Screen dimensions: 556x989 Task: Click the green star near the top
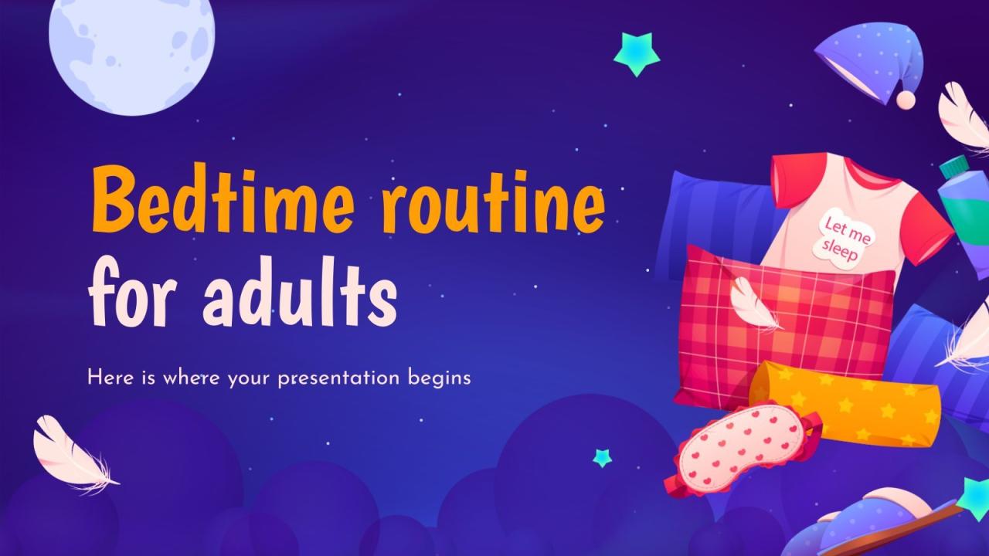pyautogui.click(x=637, y=54)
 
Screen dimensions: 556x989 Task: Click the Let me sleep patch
pyautogui.click(x=845, y=237)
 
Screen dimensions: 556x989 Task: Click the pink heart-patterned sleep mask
pyautogui.click(x=742, y=452)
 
